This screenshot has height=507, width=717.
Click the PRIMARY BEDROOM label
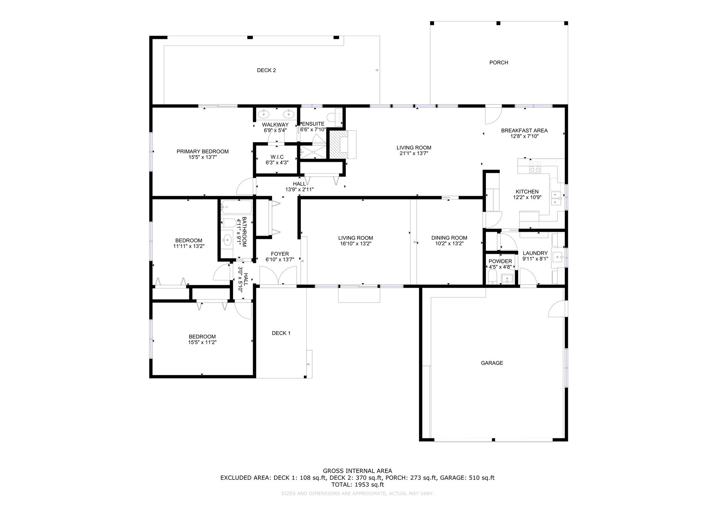(x=202, y=152)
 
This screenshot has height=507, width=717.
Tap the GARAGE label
(x=492, y=363)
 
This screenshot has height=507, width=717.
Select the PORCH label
(x=499, y=63)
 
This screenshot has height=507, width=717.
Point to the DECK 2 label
(x=266, y=70)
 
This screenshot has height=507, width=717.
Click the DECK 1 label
(x=281, y=333)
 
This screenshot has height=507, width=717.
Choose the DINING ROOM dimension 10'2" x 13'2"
(x=449, y=244)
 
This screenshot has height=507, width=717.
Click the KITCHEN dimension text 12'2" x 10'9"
(x=527, y=197)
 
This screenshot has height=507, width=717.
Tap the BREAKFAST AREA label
(x=524, y=131)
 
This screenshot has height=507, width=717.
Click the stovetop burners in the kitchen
(x=535, y=167)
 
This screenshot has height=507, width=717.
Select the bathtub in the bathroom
(x=236, y=207)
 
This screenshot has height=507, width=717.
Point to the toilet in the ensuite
(x=335, y=117)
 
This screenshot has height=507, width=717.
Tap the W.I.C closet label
(x=277, y=157)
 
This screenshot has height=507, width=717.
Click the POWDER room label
(x=500, y=262)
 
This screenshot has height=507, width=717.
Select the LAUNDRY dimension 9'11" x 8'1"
(x=535, y=259)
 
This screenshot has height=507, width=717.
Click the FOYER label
(x=280, y=254)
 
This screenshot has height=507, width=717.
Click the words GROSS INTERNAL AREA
(x=357, y=471)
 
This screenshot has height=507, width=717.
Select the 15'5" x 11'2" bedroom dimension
(x=202, y=342)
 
